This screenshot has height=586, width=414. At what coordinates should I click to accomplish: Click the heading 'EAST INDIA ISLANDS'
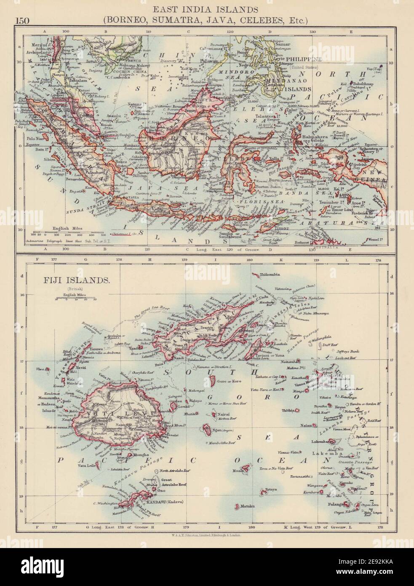[206, 8]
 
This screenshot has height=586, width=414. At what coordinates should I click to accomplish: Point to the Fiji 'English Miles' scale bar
[76, 299]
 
